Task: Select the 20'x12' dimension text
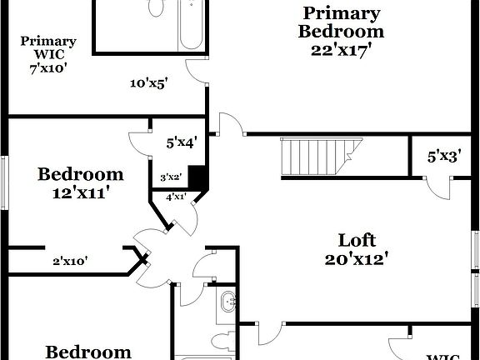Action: (358, 258)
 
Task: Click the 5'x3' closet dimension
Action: (443, 156)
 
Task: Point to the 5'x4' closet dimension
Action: (181, 142)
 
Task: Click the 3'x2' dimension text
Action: (171, 177)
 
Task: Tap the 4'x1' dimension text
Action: (176, 197)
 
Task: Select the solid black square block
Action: (197, 177)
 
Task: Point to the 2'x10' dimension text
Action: (71, 261)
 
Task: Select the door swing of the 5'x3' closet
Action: (437, 186)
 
